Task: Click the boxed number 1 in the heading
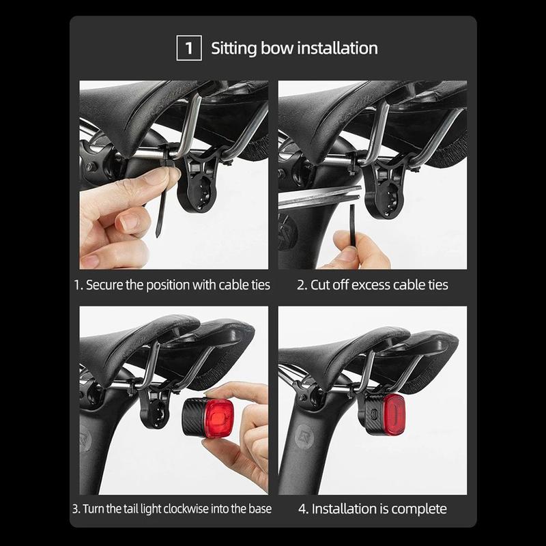click(x=189, y=48)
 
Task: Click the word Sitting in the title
click(x=234, y=48)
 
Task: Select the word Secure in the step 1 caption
click(x=104, y=285)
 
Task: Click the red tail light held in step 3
click(x=208, y=417)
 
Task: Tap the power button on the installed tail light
click(x=374, y=414)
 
